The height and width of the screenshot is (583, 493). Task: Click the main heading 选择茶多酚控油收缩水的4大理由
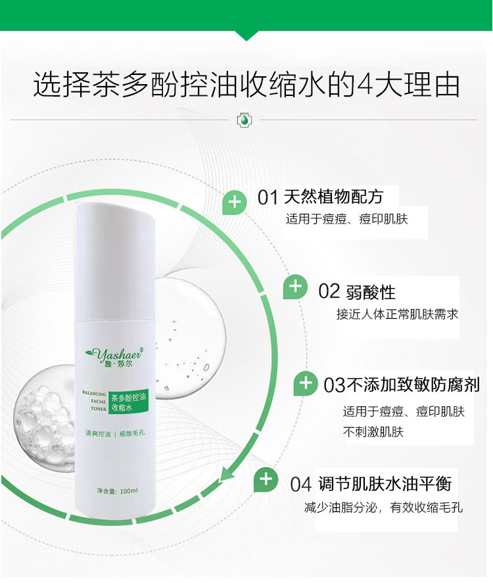[246, 85]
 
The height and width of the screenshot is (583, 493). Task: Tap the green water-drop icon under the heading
[245, 120]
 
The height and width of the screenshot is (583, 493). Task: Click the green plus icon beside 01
[234, 203]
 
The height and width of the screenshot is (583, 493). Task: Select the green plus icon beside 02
[295, 287]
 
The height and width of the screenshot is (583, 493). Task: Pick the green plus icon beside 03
[306, 383]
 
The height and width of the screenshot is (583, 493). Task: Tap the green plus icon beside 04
[266, 480]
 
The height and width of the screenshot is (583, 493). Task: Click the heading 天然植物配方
[333, 197]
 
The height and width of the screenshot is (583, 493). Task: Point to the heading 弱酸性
[371, 292]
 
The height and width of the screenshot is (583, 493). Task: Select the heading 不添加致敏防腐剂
[413, 385]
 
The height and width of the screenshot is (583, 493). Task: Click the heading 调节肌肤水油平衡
[385, 484]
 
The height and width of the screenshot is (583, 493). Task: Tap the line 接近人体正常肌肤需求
[397, 314]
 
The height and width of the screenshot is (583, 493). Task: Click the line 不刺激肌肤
[373, 432]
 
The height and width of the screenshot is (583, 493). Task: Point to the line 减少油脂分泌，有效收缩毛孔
[383, 507]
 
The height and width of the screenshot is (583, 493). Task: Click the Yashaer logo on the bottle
[114, 356]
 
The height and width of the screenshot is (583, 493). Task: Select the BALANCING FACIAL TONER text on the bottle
[95, 401]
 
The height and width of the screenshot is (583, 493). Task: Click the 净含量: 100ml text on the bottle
[117, 491]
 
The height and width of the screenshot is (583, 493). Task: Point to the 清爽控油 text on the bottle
[98, 433]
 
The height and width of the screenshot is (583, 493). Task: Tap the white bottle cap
[114, 260]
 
